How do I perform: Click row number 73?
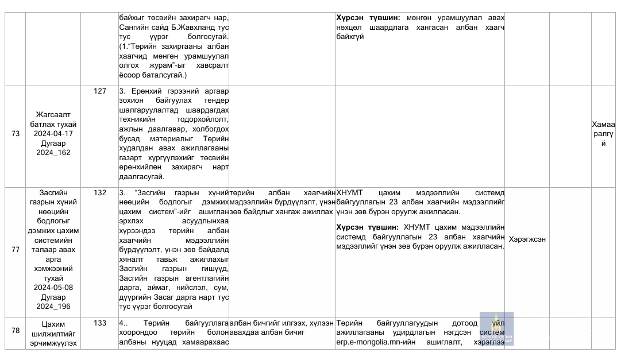click(16, 134)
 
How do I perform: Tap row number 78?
click(16, 330)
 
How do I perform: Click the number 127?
click(100, 91)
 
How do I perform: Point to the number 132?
click(100, 193)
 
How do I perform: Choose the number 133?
click(100, 323)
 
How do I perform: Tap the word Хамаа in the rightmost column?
click(603, 124)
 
